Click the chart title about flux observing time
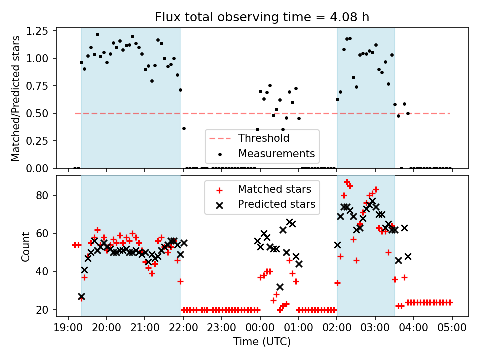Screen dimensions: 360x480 (262, 17)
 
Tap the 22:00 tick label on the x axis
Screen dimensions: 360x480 (183, 328)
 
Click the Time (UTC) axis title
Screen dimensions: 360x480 (262, 342)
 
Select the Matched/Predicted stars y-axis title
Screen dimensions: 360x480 (16, 98)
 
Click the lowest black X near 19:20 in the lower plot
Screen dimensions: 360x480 (81, 296)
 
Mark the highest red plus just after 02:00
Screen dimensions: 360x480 (347, 182)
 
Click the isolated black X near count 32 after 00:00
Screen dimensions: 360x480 (280, 287)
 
